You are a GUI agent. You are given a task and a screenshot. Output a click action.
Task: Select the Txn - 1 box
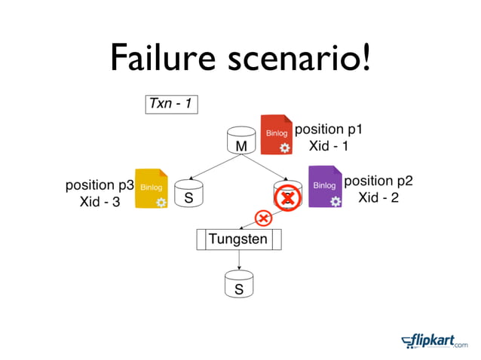click(x=172, y=103)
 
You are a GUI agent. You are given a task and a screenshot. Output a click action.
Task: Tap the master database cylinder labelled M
click(x=240, y=142)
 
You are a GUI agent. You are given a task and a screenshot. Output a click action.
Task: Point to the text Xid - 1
click(x=329, y=145)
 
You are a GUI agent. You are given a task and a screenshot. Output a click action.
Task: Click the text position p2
click(x=378, y=181)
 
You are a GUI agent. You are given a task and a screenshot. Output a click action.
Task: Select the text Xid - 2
click(x=378, y=197)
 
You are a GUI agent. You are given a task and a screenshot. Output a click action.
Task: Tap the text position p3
click(x=100, y=185)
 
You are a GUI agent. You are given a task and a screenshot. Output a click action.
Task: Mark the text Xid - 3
click(x=100, y=202)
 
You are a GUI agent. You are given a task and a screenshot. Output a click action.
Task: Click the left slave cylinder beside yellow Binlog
click(x=188, y=195)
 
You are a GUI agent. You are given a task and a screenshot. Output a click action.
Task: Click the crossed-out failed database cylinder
click(x=287, y=196)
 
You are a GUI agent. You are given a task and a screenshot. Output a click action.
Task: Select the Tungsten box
click(x=238, y=239)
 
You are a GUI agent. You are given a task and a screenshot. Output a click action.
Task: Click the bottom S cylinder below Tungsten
click(x=239, y=285)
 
